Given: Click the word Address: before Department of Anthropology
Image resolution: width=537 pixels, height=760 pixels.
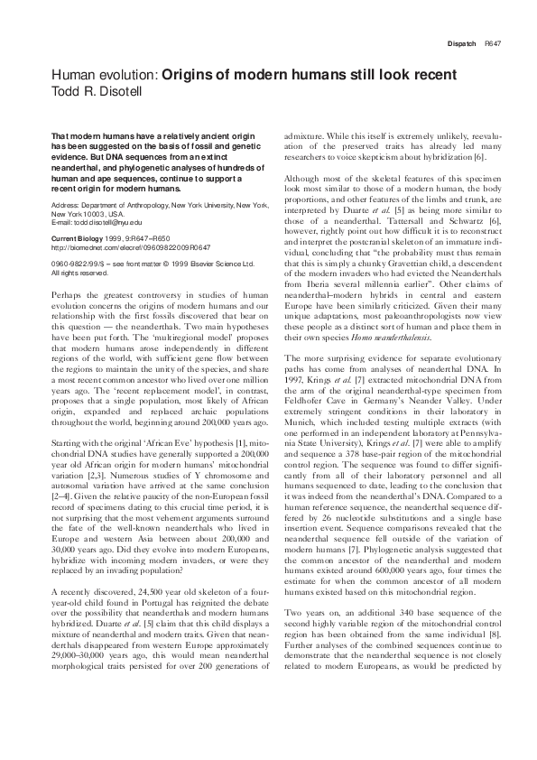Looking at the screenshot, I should [66, 205].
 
